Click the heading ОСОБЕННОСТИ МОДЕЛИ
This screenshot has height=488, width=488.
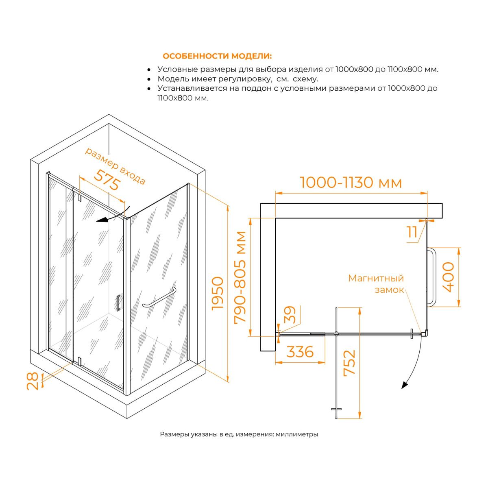tap(217, 56)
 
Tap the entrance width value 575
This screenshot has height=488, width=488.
tap(107, 180)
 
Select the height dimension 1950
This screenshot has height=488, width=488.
tap(218, 293)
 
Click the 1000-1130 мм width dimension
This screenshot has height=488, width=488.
tap(351, 182)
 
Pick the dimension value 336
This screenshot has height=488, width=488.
tap(300, 352)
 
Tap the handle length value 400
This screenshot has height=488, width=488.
tap(448, 277)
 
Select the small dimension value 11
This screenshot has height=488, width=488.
tap(412, 231)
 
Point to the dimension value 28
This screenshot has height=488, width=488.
tap(33, 381)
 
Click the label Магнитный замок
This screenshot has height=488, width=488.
tap(376, 284)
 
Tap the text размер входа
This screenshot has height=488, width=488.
tap(115, 166)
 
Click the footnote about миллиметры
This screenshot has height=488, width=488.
tap(239, 434)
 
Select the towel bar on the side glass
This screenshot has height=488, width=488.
tap(159, 298)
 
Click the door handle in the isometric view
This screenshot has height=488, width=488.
tap(118, 303)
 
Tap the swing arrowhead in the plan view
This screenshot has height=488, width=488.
tap(404, 385)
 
